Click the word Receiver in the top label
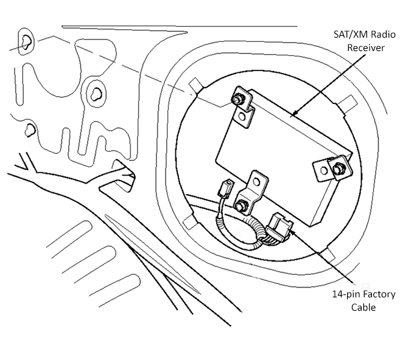[366, 47]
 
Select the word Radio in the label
[384, 35]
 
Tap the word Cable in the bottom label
[363, 308]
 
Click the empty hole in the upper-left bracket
[244, 113]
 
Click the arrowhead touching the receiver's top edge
[293, 114]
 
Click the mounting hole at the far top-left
[27, 41]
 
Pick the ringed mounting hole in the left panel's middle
[94, 93]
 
